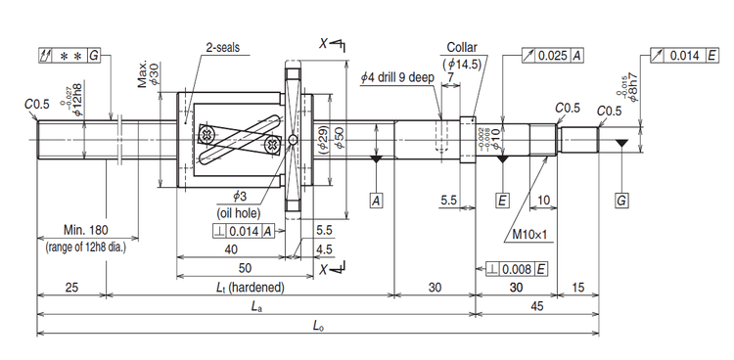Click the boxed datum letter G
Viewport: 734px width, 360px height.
[x=620, y=200]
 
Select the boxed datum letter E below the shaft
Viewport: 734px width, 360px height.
[x=502, y=200]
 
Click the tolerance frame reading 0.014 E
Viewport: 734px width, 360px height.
[x=691, y=55]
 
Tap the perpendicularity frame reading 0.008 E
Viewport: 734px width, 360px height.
[x=509, y=266]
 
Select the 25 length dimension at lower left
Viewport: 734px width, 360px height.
[x=71, y=287]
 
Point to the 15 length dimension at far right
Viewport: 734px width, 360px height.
[x=576, y=287]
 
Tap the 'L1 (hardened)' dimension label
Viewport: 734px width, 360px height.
[x=250, y=287]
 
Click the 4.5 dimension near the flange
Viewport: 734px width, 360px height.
[x=322, y=249]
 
